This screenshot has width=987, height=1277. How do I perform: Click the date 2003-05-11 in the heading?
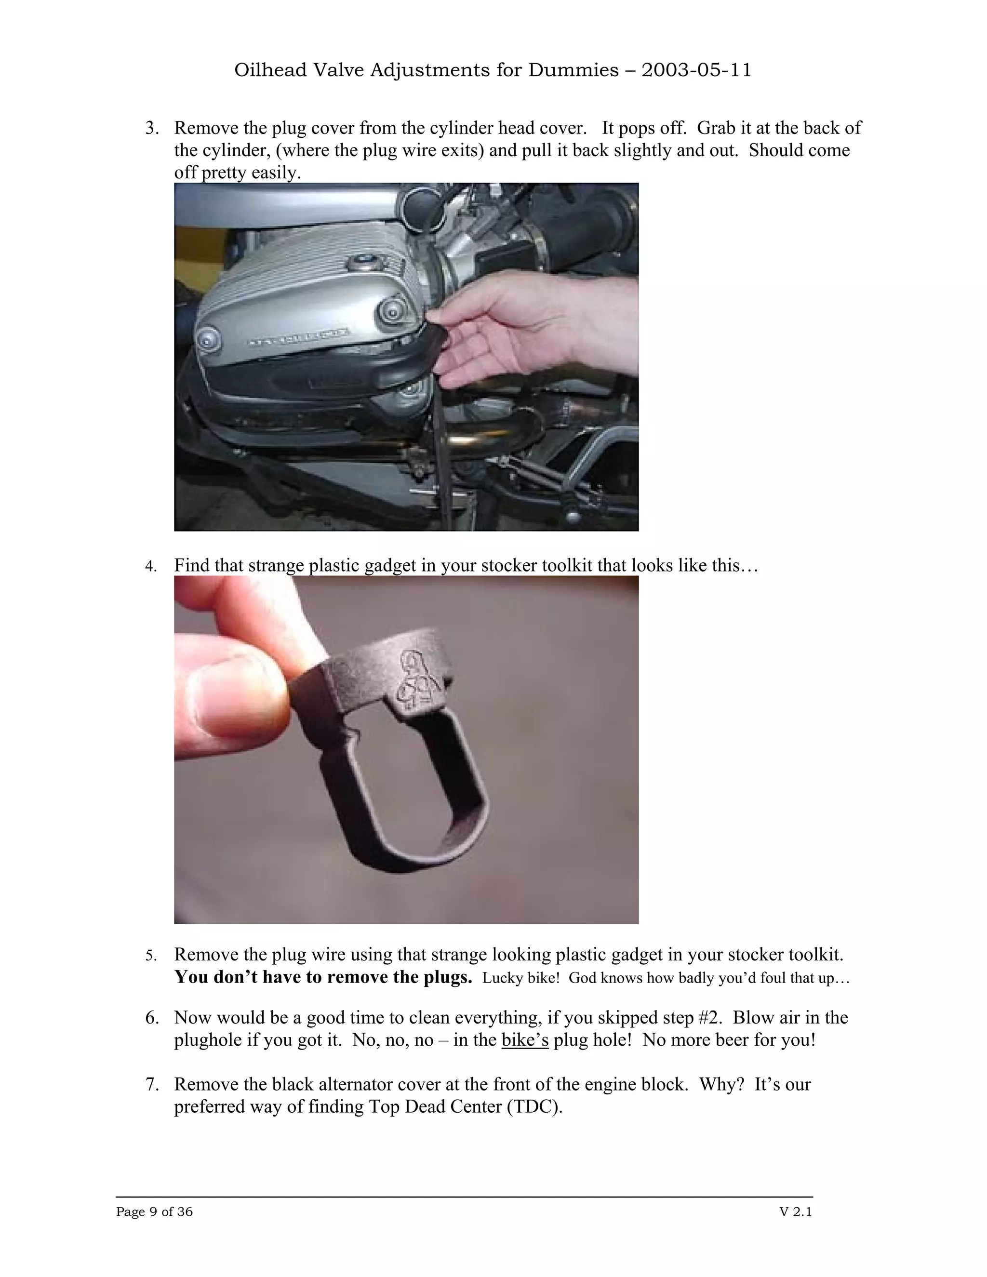[696, 70]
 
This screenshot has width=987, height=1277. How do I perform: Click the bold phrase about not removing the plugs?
[323, 977]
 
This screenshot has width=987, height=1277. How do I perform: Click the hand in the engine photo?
[526, 327]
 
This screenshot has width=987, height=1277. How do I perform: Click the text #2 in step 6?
[710, 1018]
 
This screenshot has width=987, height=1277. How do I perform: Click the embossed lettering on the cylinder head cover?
[298, 337]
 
